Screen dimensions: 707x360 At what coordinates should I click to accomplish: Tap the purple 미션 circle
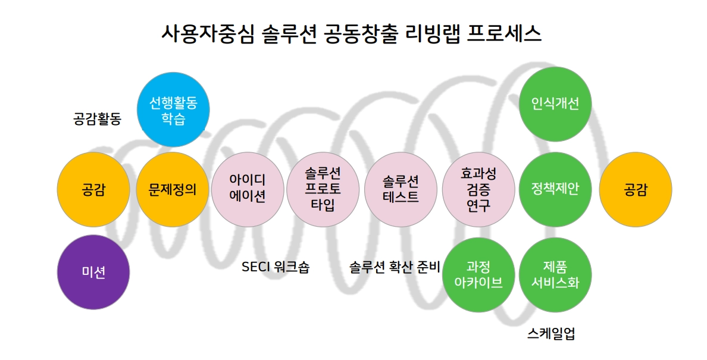click(93, 272)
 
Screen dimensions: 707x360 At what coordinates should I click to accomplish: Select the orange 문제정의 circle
click(173, 189)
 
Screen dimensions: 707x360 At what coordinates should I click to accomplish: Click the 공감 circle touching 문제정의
click(93, 189)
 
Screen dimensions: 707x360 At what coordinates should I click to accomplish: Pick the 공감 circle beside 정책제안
click(635, 189)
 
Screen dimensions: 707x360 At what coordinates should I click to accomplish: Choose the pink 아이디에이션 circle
click(248, 189)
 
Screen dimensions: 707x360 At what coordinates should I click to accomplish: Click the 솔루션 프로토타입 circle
click(323, 189)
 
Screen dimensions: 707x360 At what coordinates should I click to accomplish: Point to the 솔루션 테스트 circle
click(401, 189)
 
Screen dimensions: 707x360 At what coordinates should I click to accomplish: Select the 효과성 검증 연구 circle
click(478, 189)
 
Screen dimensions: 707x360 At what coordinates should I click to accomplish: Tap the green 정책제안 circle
click(555, 189)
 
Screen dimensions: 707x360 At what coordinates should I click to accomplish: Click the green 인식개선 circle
click(555, 104)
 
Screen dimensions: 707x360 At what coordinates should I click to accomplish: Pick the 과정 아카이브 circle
click(478, 274)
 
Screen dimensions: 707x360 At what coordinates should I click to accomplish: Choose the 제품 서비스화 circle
click(555, 274)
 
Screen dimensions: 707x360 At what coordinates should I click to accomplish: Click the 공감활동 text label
click(97, 119)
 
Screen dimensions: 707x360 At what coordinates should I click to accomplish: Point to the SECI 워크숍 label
click(276, 267)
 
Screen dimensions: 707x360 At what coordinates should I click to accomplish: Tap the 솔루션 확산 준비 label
click(394, 267)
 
